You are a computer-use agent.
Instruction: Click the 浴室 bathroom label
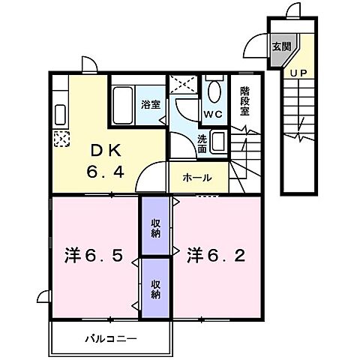point(151,104)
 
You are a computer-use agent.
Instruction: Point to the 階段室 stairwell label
point(245,101)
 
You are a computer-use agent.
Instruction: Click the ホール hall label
point(196,178)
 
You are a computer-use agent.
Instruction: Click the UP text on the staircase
point(298,73)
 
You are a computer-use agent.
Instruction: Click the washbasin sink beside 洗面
point(218,140)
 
